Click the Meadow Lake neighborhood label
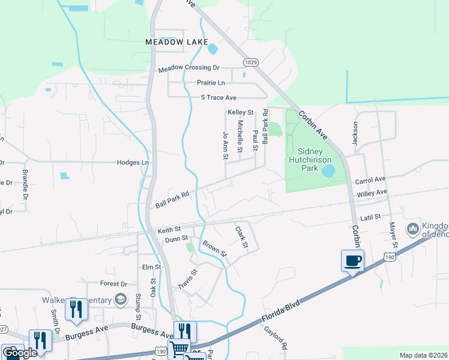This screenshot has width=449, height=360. [176, 42]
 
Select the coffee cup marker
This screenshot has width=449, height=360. [352, 261]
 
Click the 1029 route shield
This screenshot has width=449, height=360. [251, 62]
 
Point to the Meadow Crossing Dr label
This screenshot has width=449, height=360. [188, 69]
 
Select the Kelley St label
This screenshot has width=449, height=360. [241, 112]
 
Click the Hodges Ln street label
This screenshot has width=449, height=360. [132, 163]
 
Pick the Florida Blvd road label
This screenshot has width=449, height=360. [280, 313]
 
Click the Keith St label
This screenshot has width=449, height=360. [169, 230]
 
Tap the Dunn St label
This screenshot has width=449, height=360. [176, 239]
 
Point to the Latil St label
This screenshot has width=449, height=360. [370, 217]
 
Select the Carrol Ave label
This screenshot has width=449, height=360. [370, 180]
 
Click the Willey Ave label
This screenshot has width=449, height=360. [373, 193]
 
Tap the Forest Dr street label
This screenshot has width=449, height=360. [114, 284]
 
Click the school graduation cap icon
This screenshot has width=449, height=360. [120, 300]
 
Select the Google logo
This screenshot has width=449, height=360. [20, 353]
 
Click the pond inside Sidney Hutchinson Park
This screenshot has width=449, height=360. [328, 171]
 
